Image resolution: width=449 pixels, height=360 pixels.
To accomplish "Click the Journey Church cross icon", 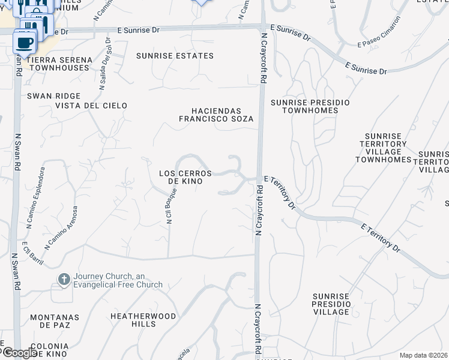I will click(x=64, y=279).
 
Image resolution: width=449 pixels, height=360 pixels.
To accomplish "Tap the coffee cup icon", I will click(x=24, y=43).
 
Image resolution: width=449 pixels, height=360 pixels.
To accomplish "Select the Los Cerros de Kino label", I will click(x=185, y=177).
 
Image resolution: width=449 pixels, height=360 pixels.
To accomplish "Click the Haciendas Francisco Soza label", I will click(x=216, y=115).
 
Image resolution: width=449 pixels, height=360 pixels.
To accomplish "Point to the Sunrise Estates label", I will click(x=175, y=56).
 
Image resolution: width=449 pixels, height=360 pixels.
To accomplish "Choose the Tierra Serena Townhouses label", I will click(x=59, y=64).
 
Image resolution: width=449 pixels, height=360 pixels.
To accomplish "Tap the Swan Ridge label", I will click(x=45, y=95).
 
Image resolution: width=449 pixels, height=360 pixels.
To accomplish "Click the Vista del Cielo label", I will click(x=91, y=106).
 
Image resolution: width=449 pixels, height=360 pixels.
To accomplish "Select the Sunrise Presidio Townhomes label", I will click(x=310, y=106).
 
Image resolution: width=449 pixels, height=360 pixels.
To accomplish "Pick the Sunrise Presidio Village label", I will click(x=331, y=304).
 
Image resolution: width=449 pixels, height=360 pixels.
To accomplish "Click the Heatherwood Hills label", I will click(x=143, y=320).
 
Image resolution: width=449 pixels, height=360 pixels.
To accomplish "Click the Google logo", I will click(x=19, y=353).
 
